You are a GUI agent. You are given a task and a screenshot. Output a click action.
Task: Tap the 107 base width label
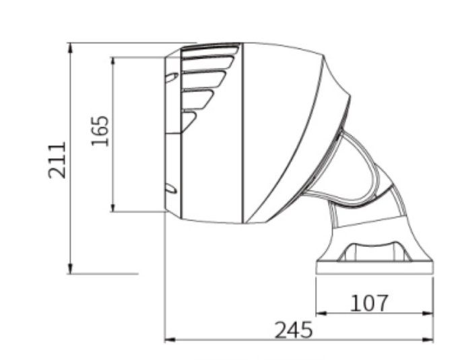point(369,303)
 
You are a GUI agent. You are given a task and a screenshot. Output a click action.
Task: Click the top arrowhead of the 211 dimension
point(70,47)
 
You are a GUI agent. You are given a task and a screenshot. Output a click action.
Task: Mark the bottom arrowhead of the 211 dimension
point(70,270)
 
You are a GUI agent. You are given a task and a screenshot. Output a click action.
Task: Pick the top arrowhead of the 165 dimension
point(112,61)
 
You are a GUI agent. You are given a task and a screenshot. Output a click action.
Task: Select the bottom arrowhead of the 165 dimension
point(112,207)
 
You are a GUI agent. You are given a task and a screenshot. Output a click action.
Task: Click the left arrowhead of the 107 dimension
point(321,313)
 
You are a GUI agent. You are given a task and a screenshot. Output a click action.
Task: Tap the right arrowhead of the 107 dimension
point(429,313)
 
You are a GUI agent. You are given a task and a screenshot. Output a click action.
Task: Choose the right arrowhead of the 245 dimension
point(429,340)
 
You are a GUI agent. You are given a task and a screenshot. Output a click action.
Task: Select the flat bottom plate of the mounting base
point(374,268)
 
